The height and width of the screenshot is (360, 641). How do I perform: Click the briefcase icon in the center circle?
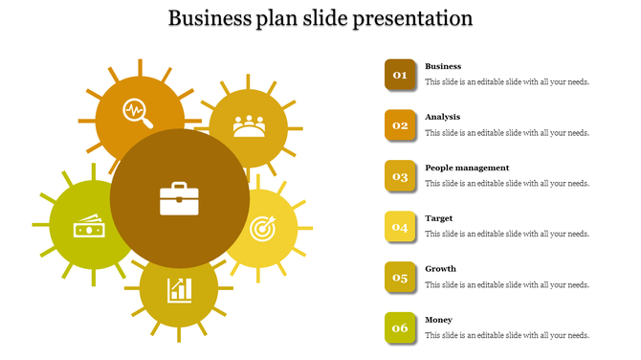click(x=179, y=200)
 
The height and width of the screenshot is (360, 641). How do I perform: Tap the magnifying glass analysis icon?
click(x=138, y=114)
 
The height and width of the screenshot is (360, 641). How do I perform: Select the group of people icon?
click(x=249, y=126)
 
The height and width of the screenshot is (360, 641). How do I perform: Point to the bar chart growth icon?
click(x=179, y=288)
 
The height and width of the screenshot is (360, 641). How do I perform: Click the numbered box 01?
click(x=400, y=75)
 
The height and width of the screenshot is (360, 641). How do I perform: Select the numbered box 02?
click(x=400, y=125)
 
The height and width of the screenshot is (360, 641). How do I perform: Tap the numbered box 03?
click(x=400, y=176)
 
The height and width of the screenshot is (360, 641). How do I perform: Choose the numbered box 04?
click(x=400, y=227)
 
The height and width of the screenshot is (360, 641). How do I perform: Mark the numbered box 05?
click(x=400, y=278)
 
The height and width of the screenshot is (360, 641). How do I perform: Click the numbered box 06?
click(x=400, y=328)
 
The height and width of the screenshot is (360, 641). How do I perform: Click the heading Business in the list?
click(x=443, y=66)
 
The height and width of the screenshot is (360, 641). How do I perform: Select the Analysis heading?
click(x=443, y=117)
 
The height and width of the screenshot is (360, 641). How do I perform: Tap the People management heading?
click(x=467, y=168)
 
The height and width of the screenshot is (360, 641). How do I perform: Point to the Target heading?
click(x=439, y=218)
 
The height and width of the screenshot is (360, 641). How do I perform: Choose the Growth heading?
click(x=440, y=269)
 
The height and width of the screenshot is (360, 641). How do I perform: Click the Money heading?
click(x=439, y=320)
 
